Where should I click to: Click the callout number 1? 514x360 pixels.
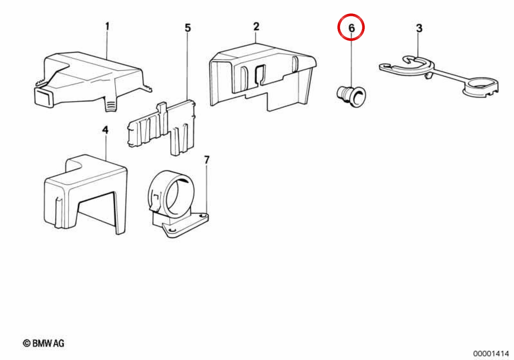(107, 27)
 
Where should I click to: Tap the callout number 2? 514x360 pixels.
(256, 27)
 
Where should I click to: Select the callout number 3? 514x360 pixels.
(419, 28)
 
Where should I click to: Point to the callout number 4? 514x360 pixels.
(105, 130)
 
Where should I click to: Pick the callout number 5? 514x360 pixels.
(188, 28)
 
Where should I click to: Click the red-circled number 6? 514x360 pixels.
(351, 28)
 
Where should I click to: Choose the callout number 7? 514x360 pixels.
(207, 160)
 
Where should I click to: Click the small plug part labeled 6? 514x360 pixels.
(351, 96)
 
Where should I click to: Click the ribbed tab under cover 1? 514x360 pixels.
(111, 105)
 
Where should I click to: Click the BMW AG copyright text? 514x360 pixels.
(44, 343)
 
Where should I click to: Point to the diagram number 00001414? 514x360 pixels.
(491, 353)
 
